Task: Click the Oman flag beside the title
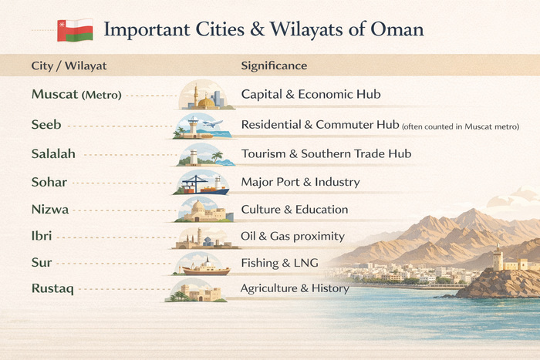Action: (x=75, y=30)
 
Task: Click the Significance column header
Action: (x=274, y=66)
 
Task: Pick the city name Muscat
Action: (x=54, y=96)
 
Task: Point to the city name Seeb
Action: (x=46, y=125)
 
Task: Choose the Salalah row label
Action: (x=53, y=154)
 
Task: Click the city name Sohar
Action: (x=49, y=183)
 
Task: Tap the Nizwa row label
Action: (x=50, y=210)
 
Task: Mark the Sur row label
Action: (x=42, y=264)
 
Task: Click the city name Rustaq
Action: (x=52, y=290)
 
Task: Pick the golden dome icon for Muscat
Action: (x=205, y=102)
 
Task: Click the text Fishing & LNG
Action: (x=279, y=263)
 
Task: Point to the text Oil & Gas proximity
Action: (x=292, y=236)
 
